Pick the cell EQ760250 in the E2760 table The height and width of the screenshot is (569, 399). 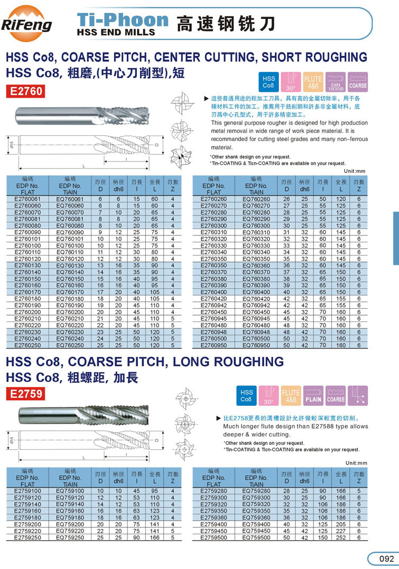pyautogui.click(x=70, y=345)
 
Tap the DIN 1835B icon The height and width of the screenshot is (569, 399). pyautogui.click(x=335, y=82)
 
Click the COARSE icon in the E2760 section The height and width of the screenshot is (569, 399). pyautogui.click(x=357, y=82)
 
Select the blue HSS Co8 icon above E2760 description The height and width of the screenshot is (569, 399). pyautogui.click(x=269, y=82)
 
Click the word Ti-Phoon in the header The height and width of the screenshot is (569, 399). pyautogui.click(x=123, y=20)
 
